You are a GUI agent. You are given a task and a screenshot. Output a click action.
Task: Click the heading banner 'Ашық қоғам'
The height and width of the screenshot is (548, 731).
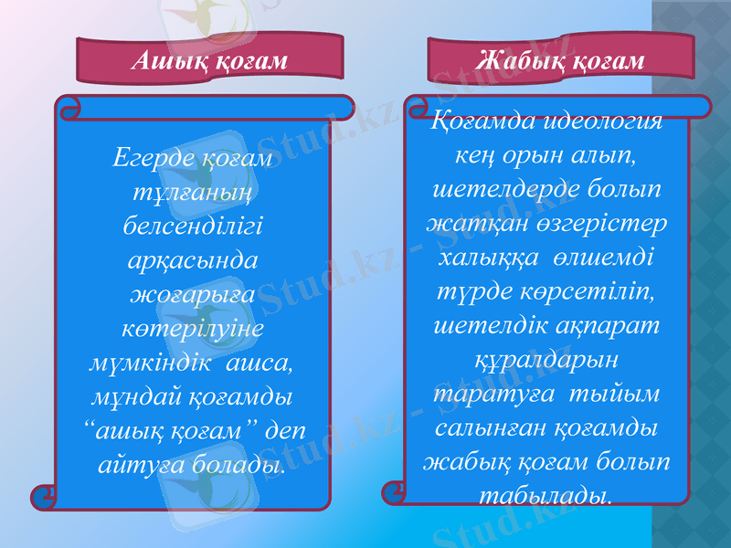209,60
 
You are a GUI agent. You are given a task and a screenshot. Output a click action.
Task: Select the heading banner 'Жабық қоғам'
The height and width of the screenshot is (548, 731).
560,60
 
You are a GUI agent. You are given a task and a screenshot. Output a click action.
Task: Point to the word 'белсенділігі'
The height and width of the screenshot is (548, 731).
192,227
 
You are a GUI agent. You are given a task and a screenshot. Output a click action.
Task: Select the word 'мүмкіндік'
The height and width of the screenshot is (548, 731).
146,363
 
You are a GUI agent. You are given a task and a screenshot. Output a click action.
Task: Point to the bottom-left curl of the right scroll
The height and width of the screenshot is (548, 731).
395,492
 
